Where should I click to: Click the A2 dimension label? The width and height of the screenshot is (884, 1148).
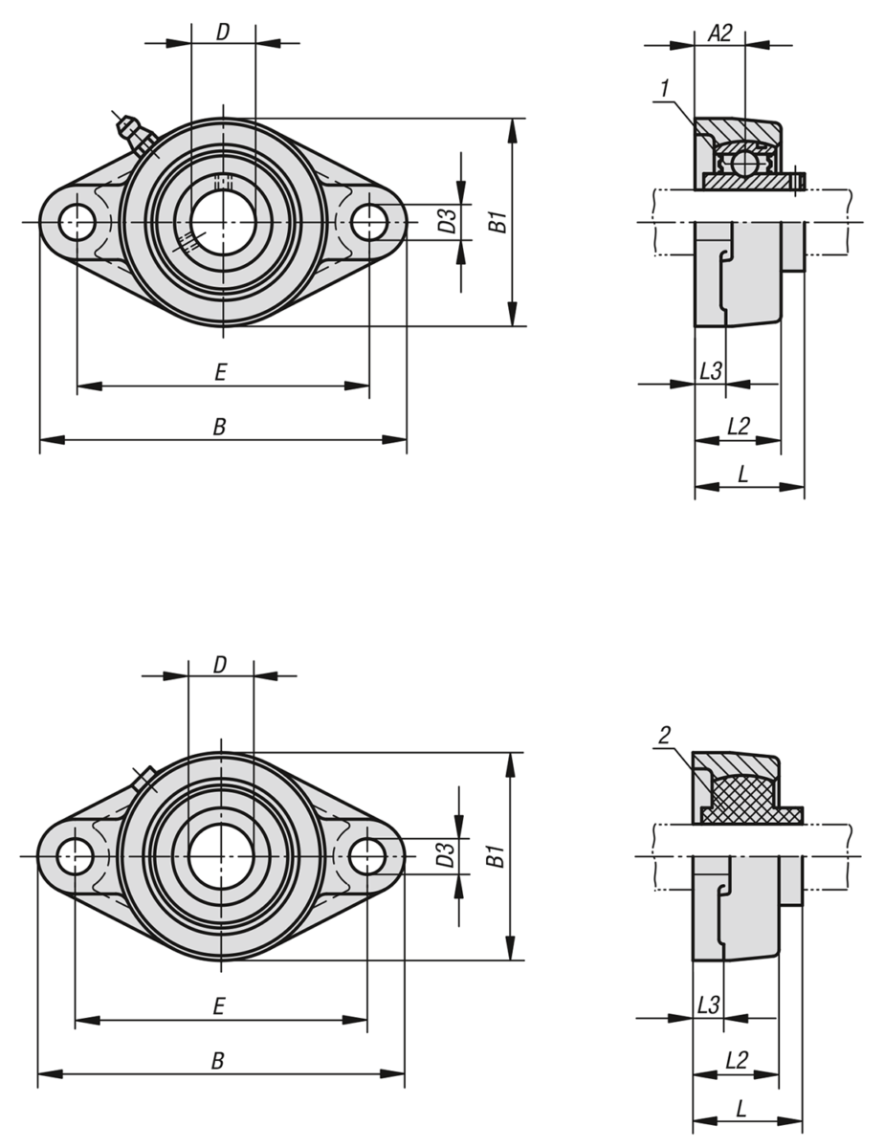click(719, 33)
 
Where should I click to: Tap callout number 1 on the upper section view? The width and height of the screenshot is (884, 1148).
click(665, 88)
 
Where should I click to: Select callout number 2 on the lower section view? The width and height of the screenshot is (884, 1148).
click(664, 735)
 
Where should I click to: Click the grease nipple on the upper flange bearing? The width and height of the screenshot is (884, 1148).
click(135, 133)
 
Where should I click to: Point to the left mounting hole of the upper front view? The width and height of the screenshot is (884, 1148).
click(77, 222)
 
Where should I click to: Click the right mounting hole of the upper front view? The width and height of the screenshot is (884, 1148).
click(369, 222)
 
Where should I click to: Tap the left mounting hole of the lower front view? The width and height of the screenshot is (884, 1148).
click(75, 856)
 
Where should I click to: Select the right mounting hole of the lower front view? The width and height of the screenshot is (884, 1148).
click(367, 856)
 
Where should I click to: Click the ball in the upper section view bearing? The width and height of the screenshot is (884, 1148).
click(744, 162)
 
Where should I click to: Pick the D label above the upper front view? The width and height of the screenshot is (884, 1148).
click(223, 33)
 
